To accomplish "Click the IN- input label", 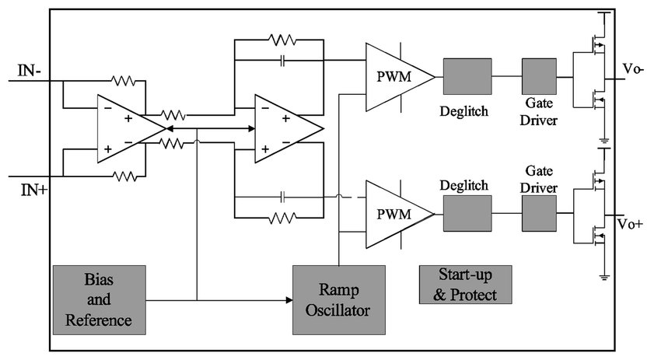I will (x=34, y=72).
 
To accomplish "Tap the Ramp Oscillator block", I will (x=338, y=299).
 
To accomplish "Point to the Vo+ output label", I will (x=631, y=224).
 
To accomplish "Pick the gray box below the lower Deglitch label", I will (x=467, y=212).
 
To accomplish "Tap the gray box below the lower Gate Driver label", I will (x=539, y=212).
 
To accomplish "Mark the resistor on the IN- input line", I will (x=124, y=80).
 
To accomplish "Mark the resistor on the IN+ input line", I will (x=124, y=177).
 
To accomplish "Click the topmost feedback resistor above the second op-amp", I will (x=279, y=39).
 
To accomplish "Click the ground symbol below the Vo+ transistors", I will (x=604, y=274).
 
